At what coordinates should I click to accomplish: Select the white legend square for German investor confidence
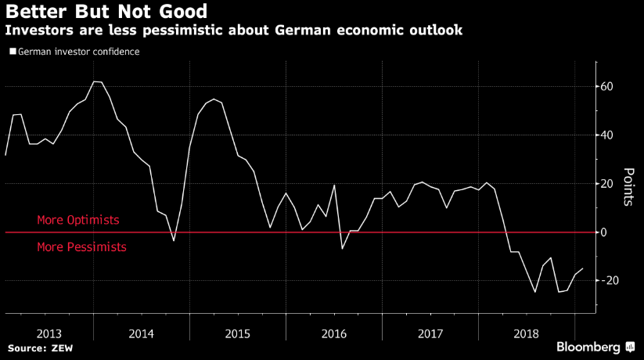click(12, 52)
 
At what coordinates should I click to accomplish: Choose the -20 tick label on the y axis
click(606, 280)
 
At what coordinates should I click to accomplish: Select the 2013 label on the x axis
click(49, 333)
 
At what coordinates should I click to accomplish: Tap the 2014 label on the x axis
click(142, 333)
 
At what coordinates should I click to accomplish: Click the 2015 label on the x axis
click(238, 333)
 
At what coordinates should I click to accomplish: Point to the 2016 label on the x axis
click(333, 333)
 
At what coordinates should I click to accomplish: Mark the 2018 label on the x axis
click(525, 333)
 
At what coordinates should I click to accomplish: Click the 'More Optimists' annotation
click(78, 221)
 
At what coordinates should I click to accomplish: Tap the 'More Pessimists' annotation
click(81, 247)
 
